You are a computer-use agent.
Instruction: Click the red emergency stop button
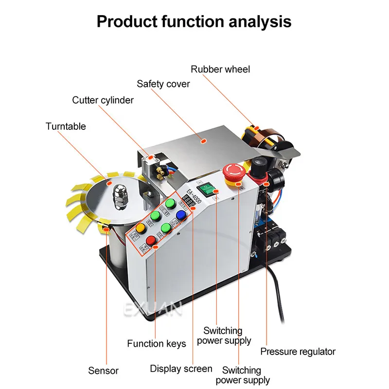(234, 171)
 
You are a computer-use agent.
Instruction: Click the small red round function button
(151, 240)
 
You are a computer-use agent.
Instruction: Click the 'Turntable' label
(66, 126)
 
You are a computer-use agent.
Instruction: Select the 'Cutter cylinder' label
(103, 100)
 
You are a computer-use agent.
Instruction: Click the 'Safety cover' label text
(163, 84)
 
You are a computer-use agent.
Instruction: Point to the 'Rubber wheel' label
(220, 69)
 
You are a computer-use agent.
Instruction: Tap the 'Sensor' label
(103, 371)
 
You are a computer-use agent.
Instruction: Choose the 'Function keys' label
(157, 344)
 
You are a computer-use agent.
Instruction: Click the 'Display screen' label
(181, 369)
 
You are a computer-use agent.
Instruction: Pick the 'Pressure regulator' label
(298, 351)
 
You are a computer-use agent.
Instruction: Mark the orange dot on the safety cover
(205, 141)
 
